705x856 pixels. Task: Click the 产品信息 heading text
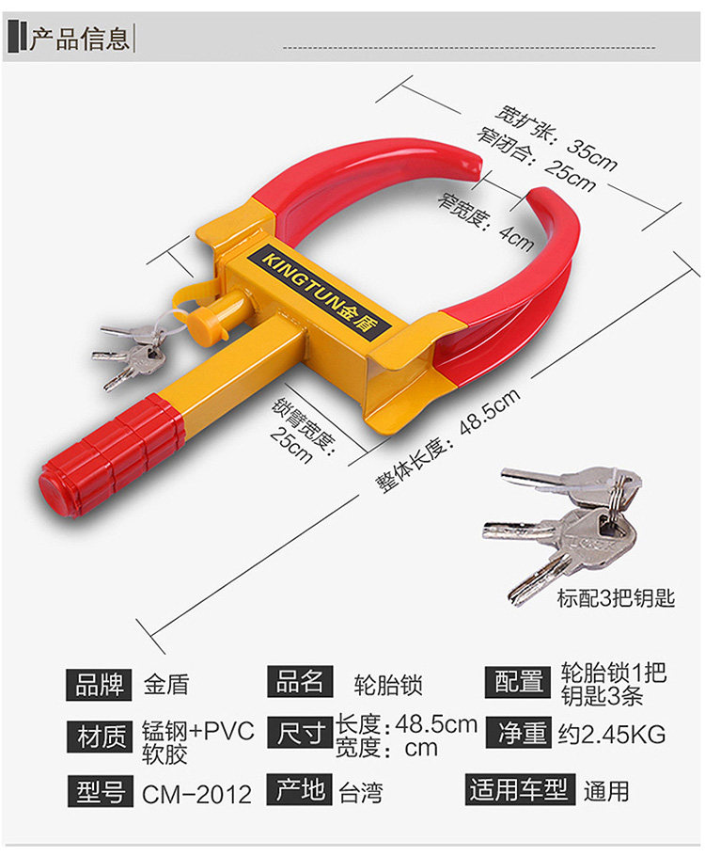(x=79, y=39)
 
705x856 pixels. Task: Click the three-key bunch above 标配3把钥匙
(x=564, y=527)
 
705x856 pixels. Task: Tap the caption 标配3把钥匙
(x=616, y=597)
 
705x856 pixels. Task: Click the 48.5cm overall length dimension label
(x=448, y=439)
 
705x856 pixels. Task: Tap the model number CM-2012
(x=197, y=794)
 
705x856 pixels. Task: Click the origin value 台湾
(x=361, y=792)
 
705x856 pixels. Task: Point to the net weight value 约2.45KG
(x=611, y=734)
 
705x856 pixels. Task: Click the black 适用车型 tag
(x=519, y=790)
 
